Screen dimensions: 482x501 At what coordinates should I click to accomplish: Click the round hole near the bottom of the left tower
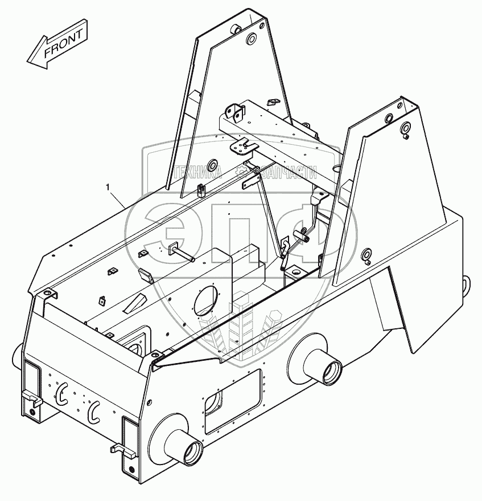(x=213, y=166)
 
